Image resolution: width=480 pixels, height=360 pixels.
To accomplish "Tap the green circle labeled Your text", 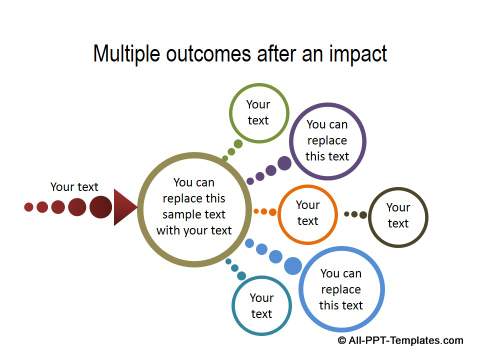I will tap(258, 112).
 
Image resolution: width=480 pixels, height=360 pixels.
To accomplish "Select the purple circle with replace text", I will tap(327, 141).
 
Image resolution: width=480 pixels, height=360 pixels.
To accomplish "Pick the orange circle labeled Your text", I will tap(307, 213).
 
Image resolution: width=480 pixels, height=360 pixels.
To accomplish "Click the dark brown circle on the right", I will tap(397, 216).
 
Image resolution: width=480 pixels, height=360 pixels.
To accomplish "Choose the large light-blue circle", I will tap(341, 289).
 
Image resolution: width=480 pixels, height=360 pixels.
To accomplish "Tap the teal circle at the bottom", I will tap(261, 305).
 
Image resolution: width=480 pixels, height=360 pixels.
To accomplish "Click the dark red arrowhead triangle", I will tap(125, 208).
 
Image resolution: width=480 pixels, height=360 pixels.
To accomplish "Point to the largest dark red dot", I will tap(100, 207).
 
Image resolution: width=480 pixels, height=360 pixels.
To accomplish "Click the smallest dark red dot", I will tap(29, 207).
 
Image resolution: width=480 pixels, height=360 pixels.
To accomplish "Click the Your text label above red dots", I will tap(74, 186).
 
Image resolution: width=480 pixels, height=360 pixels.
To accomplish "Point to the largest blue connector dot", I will tap(293, 266).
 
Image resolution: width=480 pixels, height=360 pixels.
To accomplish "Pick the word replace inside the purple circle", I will tap(327, 141).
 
